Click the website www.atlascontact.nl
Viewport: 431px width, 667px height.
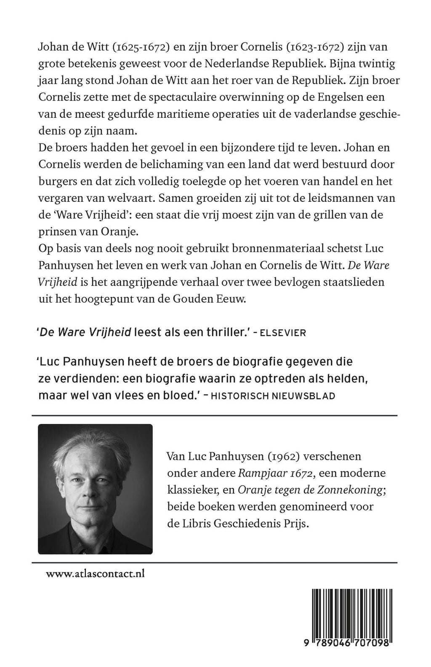95,574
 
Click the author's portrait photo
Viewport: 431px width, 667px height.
95,489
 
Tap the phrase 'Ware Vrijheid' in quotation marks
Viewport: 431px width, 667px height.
82,216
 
